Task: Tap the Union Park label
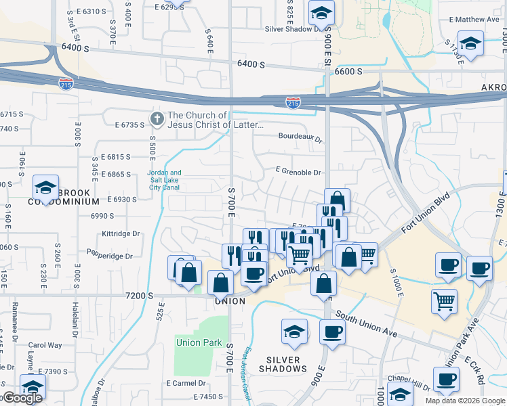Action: point(199,342)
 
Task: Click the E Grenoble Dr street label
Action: point(298,173)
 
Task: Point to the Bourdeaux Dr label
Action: point(302,136)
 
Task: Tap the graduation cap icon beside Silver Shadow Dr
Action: point(321,13)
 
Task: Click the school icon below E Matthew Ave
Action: point(470,44)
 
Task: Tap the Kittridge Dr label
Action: point(121,233)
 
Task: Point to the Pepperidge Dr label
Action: point(110,256)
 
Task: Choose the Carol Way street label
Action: point(45,345)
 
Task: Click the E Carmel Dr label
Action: point(186,383)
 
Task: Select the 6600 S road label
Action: point(348,71)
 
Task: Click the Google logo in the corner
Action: point(22,398)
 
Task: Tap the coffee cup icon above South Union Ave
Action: point(332,332)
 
